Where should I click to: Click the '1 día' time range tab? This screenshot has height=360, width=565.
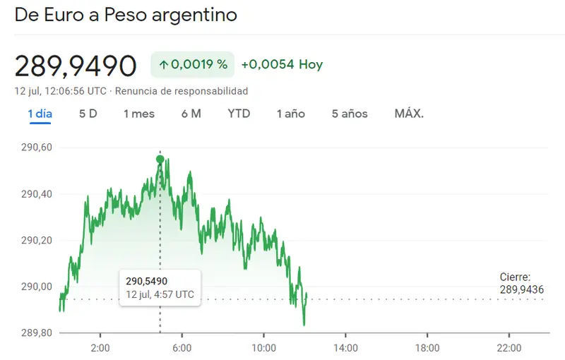pos(40,114)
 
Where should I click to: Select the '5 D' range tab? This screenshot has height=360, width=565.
pos(88,114)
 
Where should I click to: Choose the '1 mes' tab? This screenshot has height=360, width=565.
pos(138,114)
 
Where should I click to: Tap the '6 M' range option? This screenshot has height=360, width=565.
pos(191,114)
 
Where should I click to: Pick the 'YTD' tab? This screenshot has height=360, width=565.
pos(239,114)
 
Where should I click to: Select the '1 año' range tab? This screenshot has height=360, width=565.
pos(291,114)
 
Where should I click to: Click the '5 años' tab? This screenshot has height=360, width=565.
pos(350,114)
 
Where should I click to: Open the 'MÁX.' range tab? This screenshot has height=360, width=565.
pos(409,114)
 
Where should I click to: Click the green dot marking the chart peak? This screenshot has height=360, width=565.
pos(160,159)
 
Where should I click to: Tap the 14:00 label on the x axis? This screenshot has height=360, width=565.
pos(345,348)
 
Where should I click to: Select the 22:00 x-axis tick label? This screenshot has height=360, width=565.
pos(509,348)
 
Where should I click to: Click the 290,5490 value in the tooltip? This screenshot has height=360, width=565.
pos(147,281)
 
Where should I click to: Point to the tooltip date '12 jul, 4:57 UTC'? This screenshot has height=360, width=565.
pos(160,294)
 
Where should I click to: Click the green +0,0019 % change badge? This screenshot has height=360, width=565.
pos(193,64)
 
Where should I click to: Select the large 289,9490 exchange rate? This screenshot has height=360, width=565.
pos(76,66)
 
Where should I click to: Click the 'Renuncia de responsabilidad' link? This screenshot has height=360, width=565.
pos(182,91)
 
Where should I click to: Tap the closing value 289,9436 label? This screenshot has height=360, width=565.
pos(522,289)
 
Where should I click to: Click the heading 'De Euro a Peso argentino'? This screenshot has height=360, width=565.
pos(126,15)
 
